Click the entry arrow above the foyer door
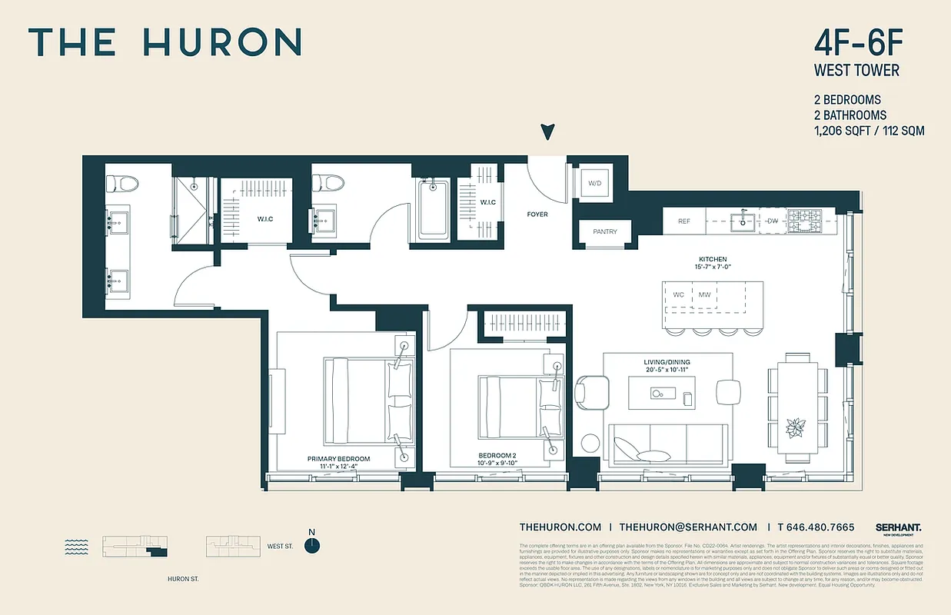[x=547, y=132]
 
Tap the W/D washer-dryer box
[x=595, y=184]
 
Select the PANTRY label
[x=605, y=231]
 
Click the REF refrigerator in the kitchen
[x=684, y=221]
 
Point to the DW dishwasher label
[x=773, y=221]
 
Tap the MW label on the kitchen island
[x=704, y=294]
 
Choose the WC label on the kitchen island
[x=679, y=294]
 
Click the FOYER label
[x=537, y=214]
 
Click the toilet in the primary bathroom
[x=121, y=184]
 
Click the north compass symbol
[x=311, y=545]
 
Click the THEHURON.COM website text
[x=560, y=527]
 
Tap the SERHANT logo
[x=898, y=527]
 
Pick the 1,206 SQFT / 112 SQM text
[x=870, y=131]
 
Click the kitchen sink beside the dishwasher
[x=742, y=221]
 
